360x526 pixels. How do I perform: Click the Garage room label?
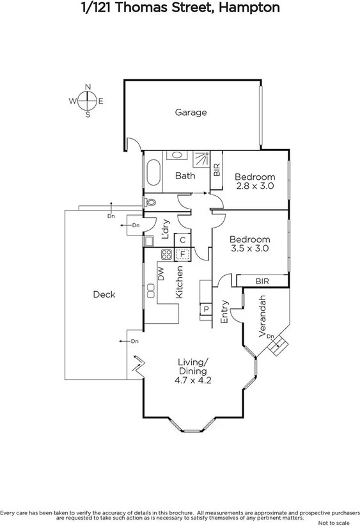[x=191, y=113]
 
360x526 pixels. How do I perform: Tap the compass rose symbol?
[x=88, y=100]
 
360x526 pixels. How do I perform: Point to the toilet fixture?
[x=150, y=203]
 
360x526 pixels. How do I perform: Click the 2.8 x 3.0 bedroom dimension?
[x=254, y=186]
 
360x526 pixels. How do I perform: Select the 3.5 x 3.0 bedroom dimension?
[x=249, y=248]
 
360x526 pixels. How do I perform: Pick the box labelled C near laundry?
[x=182, y=241]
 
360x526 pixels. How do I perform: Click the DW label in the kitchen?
[x=161, y=275]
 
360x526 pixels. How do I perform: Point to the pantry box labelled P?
[x=206, y=310]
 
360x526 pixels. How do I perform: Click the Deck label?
[x=104, y=294]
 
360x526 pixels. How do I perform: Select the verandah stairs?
[x=277, y=347]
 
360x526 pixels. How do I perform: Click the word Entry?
[x=224, y=312]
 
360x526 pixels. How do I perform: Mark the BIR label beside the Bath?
[x=216, y=170]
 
